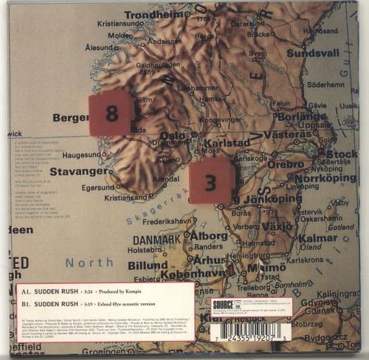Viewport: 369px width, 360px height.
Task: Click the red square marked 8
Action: pyautogui.click(x=111, y=114)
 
